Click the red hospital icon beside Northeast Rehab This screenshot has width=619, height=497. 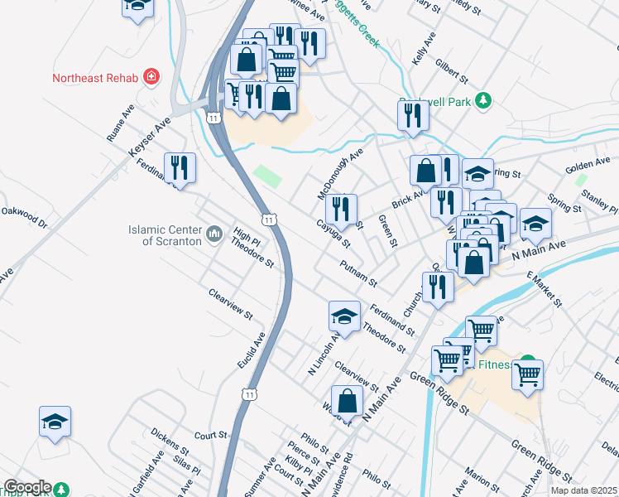coord(151,78)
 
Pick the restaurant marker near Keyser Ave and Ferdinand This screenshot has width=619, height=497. coord(180,168)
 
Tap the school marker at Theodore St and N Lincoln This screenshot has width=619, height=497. coord(344,316)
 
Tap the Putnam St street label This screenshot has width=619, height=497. coord(358,271)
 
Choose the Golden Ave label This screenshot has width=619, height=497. coord(587,163)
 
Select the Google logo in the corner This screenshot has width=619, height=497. coord(27,487)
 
